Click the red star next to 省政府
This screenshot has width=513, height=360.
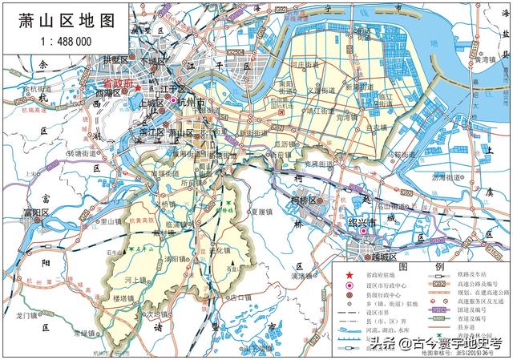[x=138, y=87]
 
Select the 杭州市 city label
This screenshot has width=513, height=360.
[x=193, y=102]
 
